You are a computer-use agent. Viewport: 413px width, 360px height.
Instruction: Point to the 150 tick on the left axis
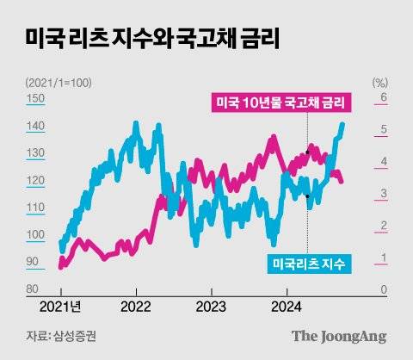tap(36, 99)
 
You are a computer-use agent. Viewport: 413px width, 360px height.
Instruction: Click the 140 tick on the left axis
tap(36, 127)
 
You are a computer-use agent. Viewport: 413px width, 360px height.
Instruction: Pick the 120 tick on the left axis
tap(36, 181)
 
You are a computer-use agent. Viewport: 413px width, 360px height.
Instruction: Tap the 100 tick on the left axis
tap(36, 235)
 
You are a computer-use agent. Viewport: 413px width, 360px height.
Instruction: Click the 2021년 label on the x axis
tap(62, 306)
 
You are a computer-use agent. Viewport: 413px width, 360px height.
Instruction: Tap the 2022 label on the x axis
tap(137, 306)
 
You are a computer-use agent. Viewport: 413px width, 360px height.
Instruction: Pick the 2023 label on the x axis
tap(212, 306)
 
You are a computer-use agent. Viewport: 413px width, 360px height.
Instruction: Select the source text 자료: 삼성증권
tap(60, 336)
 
